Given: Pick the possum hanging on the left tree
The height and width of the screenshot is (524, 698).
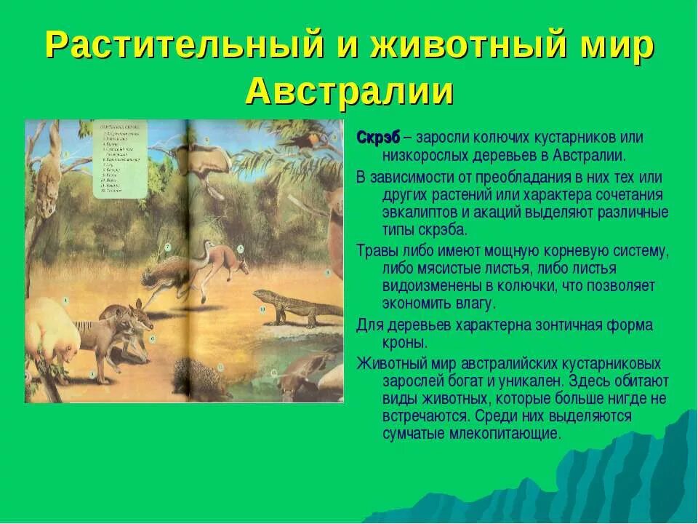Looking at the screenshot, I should coord(49,176).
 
